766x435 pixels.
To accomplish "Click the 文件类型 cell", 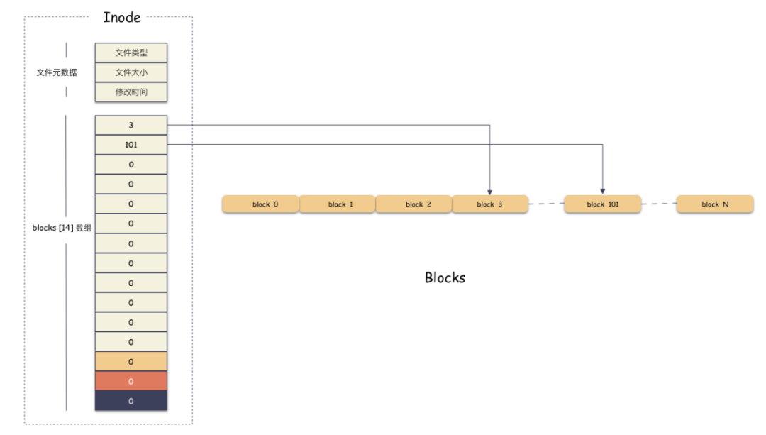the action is click(131, 53).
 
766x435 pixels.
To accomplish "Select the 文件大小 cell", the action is click(131, 72).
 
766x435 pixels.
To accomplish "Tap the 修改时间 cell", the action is click(131, 92).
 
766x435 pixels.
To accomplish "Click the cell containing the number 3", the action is click(131, 125).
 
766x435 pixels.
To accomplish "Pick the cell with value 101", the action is click(131, 145).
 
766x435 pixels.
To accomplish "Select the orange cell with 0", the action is click(131, 362).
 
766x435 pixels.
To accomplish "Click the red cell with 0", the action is click(131, 382).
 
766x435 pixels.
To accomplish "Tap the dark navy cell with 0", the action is click(131, 401).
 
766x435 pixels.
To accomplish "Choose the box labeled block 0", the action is click(260, 204).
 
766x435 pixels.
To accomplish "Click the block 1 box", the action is click(337, 204).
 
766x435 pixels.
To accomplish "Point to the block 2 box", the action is click(413, 204).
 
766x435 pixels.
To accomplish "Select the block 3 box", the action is click(490, 204).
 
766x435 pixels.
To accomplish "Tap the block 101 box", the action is click(603, 204).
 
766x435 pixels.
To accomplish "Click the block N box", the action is click(715, 204).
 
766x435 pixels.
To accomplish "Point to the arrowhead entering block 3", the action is click(489, 192).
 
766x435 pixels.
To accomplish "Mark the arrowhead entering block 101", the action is click(603, 192).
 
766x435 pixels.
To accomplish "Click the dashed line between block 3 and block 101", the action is click(546, 204).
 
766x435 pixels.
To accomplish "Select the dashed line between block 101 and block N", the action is click(659, 204).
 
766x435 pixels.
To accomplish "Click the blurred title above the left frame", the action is click(122, 18).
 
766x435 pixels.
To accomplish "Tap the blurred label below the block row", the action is click(445, 278).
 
